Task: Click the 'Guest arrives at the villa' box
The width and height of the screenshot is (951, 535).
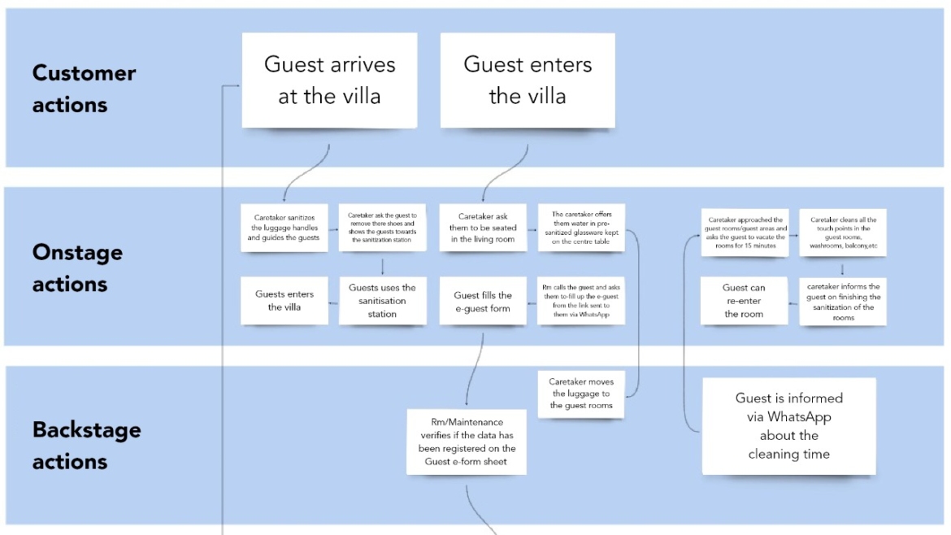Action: click(x=329, y=80)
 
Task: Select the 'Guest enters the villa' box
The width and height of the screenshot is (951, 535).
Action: click(x=528, y=80)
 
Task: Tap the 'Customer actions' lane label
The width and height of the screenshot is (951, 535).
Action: click(x=84, y=89)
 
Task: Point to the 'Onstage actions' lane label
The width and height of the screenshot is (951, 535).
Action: click(x=77, y=267)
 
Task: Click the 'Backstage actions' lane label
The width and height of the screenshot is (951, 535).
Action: click(x=86, y=446)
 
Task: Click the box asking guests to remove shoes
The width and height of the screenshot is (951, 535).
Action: click(x=382, y=228)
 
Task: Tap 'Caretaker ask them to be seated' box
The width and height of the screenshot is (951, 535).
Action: click(x=483, y=228)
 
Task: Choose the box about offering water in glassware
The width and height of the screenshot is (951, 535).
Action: click(x=580, y=228)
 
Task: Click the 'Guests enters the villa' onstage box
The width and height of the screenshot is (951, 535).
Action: click(x=284, y=301)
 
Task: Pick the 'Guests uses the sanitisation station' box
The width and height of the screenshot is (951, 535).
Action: click(x=382, y=301)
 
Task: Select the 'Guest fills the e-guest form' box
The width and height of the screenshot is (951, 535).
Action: click(x=483, y=301)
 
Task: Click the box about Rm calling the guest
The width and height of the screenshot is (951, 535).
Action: click(x=580, y=301)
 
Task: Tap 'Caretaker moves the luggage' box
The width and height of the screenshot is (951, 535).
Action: click(x=581, y=394)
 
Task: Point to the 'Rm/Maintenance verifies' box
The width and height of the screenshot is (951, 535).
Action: click(x=467, y=441)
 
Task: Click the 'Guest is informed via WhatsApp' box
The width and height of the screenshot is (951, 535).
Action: click(x=788, y=425)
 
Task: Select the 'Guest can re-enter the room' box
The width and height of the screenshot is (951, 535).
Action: click(x=744, y=300)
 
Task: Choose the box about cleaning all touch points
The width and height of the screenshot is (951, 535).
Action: click(x=842, y=233)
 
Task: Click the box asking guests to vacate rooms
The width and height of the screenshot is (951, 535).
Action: click(x=745, y=233)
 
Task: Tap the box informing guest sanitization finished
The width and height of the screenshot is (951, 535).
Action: click(x=842, y=302)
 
